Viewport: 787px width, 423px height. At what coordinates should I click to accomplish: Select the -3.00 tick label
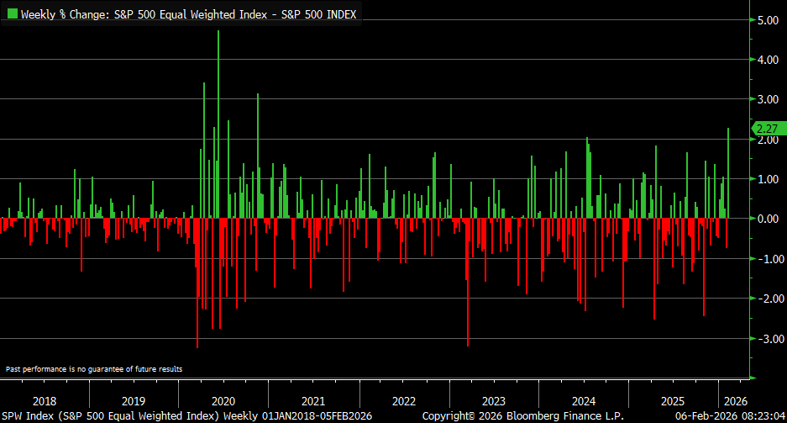click(x=769, y=338)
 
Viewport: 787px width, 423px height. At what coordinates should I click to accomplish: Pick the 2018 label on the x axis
click(x=44, y=401)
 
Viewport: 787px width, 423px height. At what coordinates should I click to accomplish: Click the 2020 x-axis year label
click(x=224, y=401)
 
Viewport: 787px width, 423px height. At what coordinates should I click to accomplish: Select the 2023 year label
click(x=494, y=401)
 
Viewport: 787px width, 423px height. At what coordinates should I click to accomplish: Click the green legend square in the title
click(x=11, y=14)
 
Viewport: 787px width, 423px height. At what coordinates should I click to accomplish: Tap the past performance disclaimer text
click(x=93, y=369)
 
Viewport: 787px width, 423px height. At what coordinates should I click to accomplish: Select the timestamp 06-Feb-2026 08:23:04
click(x=732, y=415)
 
